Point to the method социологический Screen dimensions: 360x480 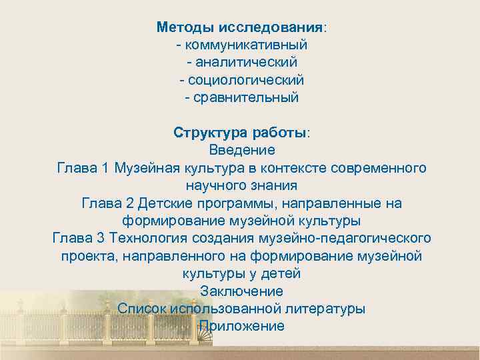coord(245,80)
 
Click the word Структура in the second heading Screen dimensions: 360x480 coord(203,131)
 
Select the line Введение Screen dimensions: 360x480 coord(241,149)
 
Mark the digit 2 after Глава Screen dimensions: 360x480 coord(130,202)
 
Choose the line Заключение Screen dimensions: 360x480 coord(241,291)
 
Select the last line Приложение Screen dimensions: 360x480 coord(241,326)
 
